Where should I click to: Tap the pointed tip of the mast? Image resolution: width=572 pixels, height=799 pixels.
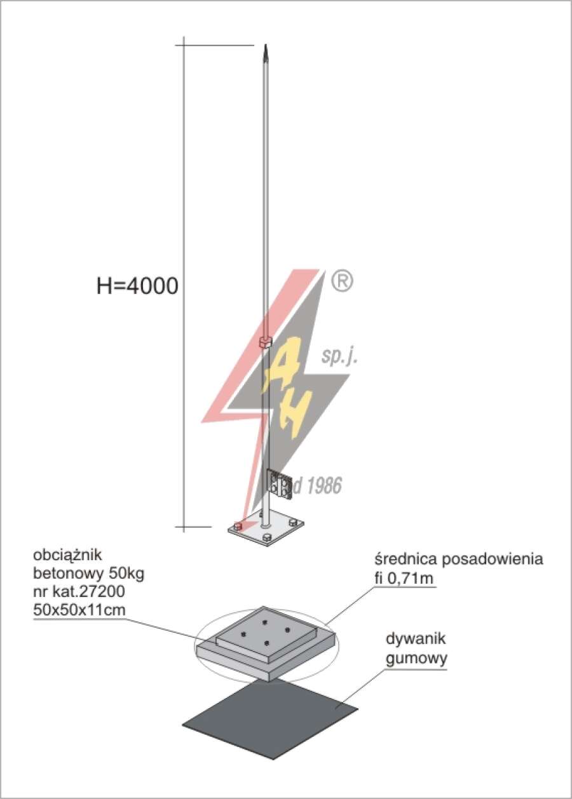coord(266,44)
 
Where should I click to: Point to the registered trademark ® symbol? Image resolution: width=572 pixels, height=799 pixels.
coord(342,281)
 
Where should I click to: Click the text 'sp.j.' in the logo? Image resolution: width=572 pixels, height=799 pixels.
coord(339,358)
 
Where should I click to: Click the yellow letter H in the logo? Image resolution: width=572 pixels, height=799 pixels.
coord(292,413)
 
